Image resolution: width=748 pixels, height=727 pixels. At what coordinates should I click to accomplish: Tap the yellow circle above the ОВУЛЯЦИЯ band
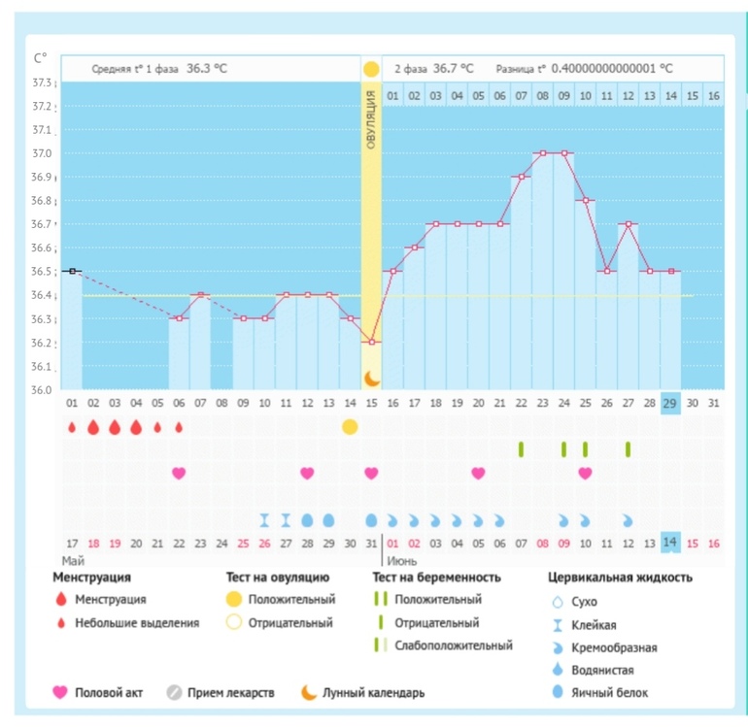coord(371,69)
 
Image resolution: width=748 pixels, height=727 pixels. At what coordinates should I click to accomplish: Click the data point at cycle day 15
coord(371,342)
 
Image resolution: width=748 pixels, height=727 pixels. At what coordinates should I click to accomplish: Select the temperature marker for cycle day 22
coord(521,177)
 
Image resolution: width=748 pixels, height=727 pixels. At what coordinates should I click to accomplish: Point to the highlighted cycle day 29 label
coord(670,402)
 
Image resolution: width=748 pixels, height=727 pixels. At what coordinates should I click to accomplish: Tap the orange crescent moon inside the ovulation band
coord(371,378)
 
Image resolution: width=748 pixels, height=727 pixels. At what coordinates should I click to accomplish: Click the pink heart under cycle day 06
coord(179,473)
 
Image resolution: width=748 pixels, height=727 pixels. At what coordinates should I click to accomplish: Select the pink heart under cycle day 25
coord(585,473)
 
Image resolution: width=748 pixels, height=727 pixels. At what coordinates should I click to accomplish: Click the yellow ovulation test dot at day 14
coord(350,426)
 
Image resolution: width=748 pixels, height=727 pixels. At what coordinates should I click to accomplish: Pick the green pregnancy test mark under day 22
coord(521,448)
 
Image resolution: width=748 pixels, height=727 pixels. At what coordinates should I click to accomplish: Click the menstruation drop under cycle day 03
coord(115,426)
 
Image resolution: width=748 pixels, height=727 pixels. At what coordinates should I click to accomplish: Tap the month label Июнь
coord(403,560)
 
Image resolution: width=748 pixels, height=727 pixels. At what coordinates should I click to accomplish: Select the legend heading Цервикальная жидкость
coord(620,578)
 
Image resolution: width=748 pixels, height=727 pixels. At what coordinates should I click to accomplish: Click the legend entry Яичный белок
coord(612,692)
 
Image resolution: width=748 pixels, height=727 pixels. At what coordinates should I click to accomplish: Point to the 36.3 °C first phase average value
coord(207,69)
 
